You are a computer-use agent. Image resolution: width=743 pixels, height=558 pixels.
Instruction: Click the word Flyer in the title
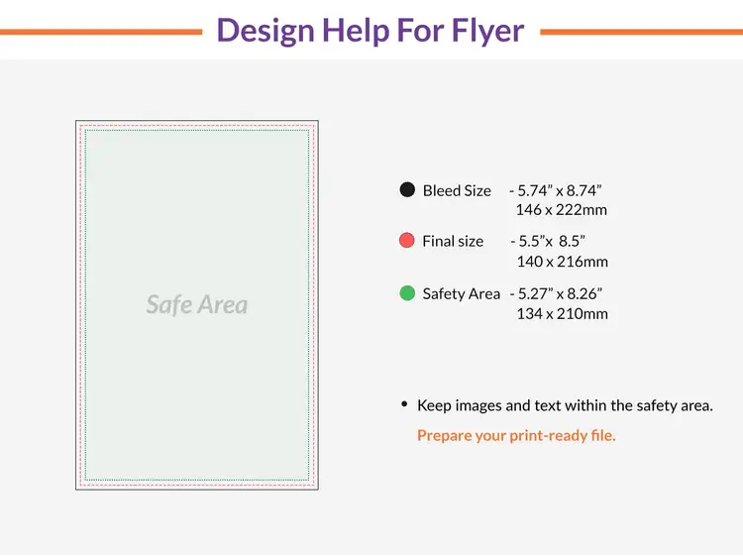[485, 30]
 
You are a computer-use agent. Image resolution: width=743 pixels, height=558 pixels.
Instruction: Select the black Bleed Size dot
[407, 189]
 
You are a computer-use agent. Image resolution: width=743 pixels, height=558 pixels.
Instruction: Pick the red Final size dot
[407, 241]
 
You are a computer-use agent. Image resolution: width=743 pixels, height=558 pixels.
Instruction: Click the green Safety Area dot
[407, 293]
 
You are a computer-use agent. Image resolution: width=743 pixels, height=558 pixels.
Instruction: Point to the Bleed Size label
[457, 190]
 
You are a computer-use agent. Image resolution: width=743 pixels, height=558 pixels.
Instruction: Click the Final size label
[453, 241]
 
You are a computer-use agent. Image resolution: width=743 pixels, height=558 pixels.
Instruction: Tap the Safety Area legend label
[461, 293]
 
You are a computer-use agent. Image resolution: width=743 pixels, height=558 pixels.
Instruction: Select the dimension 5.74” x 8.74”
[560, 190]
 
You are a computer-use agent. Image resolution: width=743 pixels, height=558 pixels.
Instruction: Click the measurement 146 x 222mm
[562, 210]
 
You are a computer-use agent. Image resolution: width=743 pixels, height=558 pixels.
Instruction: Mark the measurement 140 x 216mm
[562, 262]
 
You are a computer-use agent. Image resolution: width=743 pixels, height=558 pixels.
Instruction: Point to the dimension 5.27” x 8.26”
[560, 293]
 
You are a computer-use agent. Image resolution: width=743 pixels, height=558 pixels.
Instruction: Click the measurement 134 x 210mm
[562, 314]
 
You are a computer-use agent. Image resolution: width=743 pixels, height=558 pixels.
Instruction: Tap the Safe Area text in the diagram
[197, 304]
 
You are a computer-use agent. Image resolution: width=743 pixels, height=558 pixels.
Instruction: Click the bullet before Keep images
[404, 403]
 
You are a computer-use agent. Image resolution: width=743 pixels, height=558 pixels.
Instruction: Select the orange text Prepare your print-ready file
[516, 435]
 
